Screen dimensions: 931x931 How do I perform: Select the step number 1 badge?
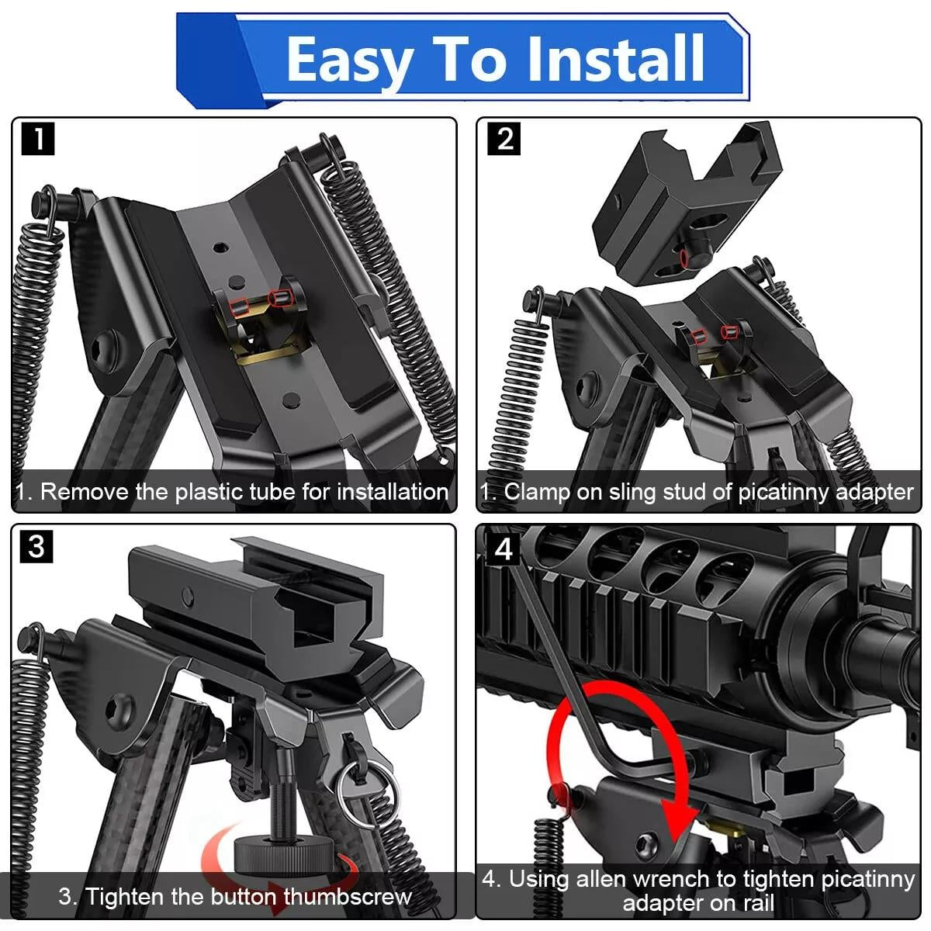point(39,140)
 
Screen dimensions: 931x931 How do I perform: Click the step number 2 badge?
point(504,140)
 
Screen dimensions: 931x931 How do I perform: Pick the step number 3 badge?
point(36,546)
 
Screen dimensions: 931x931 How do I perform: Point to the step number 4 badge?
point(504,549)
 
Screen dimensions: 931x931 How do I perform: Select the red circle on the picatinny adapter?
point(684,256)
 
